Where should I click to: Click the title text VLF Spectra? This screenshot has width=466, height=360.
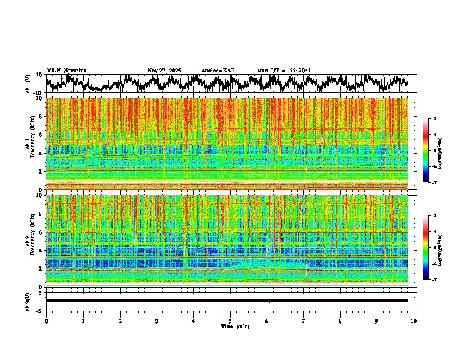point(66,70)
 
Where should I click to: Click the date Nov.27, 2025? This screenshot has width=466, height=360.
point(164,71)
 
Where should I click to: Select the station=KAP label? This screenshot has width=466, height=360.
point(218,71)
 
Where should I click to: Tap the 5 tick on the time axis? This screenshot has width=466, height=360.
point(230,321)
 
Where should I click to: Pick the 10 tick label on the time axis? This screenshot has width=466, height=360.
point(414,321)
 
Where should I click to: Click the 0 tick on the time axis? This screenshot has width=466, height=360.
point(46,321)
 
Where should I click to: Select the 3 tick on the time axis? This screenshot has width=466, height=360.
point(157,321)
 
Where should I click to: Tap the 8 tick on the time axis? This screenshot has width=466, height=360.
point(340,321)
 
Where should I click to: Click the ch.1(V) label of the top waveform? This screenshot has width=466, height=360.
point(28,84)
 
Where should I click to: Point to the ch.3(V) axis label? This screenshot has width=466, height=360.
point(28,301)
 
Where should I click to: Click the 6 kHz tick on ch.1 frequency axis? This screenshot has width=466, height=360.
point(41,135)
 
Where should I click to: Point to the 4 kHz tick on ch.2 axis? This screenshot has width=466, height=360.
point(41,251)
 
